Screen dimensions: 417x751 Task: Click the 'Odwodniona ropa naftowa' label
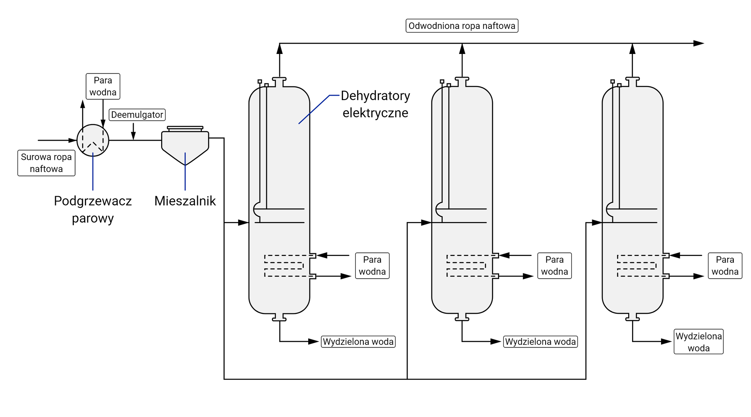462,26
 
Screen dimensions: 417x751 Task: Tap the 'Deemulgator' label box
137,115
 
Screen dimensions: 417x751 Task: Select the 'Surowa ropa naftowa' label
46,163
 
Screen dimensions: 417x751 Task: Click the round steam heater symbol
93,140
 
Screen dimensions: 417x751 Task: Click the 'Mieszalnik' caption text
185,201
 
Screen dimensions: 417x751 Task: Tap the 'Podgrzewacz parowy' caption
93,209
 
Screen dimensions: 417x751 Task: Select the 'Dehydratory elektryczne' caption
375,104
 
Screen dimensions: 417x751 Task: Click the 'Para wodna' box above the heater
103,86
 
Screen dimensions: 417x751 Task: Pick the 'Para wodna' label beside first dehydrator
372,265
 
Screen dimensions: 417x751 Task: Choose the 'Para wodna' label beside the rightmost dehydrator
725,265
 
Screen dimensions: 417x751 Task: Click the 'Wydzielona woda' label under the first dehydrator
358,342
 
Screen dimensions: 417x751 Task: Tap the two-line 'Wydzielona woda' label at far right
698,342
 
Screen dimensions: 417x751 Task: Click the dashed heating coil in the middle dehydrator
467,266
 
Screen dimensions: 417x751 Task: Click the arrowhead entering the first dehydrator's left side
243,223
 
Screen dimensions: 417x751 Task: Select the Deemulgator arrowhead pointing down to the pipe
133,136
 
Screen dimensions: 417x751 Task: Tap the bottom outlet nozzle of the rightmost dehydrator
632,317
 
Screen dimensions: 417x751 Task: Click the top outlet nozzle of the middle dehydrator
462,82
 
